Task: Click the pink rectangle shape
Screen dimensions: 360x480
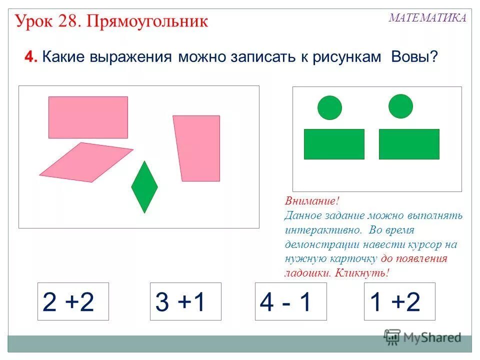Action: (x=88, y=117)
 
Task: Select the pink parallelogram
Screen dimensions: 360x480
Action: (x=86, y=162)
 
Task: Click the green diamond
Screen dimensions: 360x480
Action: (x=144, y=187)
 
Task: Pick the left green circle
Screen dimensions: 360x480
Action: (x=329, y=107)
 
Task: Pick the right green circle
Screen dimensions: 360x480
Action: (x=400, y=106)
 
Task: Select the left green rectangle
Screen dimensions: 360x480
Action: (x=334, y=144)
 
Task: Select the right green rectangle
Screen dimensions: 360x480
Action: (x=409, y=144)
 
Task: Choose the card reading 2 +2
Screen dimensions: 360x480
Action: (x=73, y=301)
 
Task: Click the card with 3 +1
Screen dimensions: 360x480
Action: (x=185, y=301)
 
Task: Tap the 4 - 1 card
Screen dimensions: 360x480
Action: (x=290, y=301)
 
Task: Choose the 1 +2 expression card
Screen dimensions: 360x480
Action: (x=399, y=301)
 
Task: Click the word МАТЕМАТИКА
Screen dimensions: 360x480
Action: (x=427, y=18)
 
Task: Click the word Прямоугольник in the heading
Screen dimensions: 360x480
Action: (x=148, y=21)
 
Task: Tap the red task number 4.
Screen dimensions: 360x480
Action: (x=30, y=57)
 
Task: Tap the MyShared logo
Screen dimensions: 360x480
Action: (x=422, y=337)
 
